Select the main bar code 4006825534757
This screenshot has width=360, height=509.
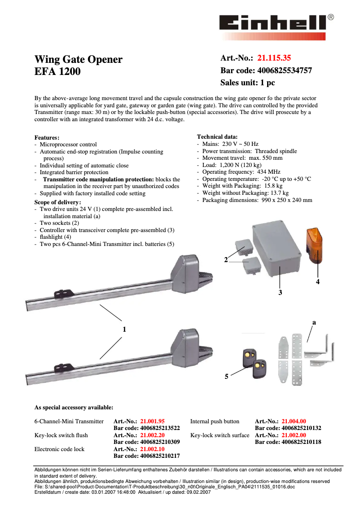285,70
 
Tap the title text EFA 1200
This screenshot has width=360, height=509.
57,71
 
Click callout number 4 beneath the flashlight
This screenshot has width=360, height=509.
317,281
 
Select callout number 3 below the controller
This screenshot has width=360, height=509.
280,292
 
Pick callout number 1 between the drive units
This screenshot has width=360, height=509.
124,329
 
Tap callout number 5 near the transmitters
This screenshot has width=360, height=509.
227,377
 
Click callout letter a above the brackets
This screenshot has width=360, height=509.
314,322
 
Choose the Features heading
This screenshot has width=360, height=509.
47,137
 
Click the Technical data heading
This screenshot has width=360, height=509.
217,136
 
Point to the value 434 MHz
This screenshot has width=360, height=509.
268,172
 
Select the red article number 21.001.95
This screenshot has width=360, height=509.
152,421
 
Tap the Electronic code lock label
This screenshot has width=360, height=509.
59,449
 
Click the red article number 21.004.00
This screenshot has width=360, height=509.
294,421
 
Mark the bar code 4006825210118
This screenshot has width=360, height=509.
288,442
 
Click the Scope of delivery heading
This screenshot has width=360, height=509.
58,202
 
